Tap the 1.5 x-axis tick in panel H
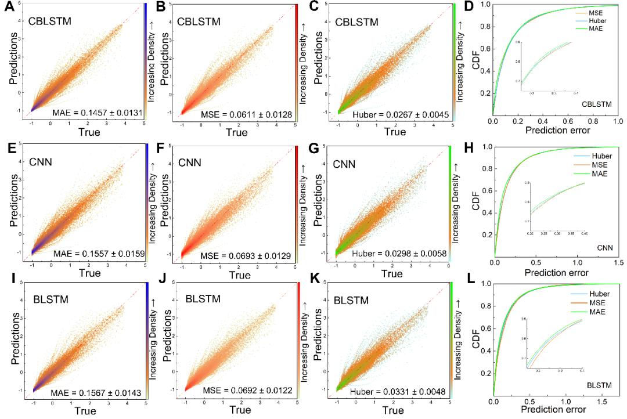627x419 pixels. (x=617, y=262)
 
